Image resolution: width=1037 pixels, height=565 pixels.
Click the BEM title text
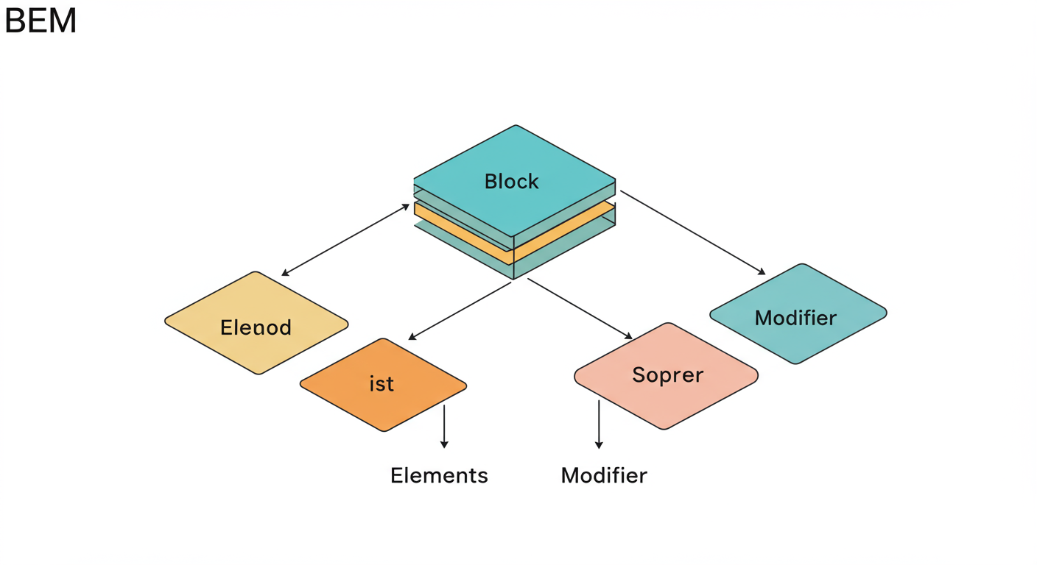pos(41,21)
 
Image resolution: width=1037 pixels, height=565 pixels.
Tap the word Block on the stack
pos(511,181)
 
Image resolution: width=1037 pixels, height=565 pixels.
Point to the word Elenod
pos(256,327)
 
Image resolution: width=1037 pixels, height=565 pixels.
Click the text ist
pos(382,384)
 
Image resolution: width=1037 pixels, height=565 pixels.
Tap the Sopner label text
pos(667,375)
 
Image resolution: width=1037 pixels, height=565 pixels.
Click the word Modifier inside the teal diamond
pos(795,318)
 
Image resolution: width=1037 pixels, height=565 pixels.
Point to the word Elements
pos(439,475)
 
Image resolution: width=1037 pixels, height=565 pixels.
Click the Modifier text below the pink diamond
pos(604,475)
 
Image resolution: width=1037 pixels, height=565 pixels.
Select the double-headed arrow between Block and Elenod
pos(345,240)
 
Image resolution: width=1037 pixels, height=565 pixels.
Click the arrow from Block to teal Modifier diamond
pos(692,232)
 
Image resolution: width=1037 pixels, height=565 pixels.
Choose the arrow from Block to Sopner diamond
pos(580,308)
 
